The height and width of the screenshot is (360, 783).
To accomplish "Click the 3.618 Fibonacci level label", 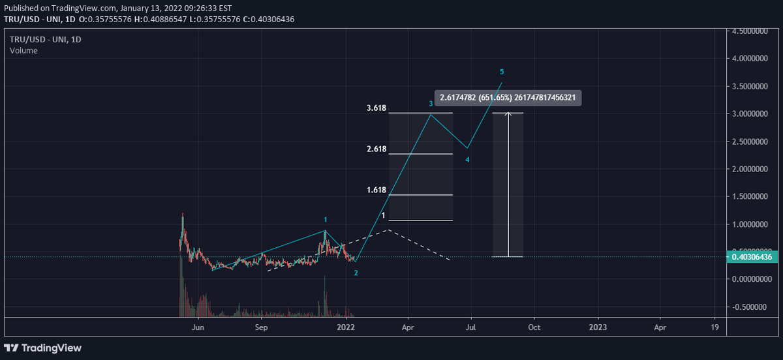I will coord(376,108).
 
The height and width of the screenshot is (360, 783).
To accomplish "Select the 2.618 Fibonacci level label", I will coord(376,149).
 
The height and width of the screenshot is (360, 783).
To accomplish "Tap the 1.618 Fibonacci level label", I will coord(376,190).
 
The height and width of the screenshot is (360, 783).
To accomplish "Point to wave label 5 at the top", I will coord(501,71).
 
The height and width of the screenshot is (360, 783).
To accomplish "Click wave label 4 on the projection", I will coord(467,160).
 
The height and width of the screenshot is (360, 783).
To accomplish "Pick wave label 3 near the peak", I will coord(431,104).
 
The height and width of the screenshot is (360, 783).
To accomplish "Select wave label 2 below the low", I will coord(356,273).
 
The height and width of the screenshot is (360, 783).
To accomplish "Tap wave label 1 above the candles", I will coord(326,220).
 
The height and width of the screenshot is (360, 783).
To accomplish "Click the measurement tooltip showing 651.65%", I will coord(508,98).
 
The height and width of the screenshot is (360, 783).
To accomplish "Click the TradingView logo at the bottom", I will coord(45,348).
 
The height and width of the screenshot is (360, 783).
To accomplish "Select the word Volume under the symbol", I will coord(24,51).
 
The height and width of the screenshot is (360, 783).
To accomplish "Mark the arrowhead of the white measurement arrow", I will coord(508,115).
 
